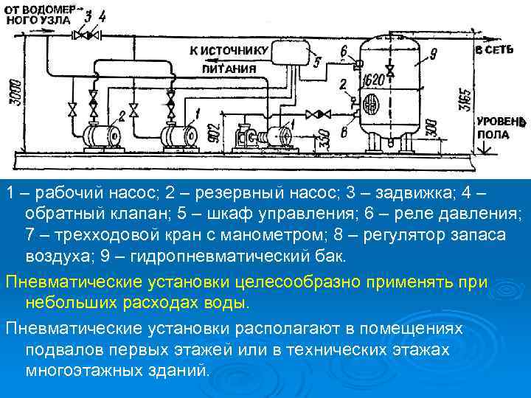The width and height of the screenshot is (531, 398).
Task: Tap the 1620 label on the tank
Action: click(374, 80)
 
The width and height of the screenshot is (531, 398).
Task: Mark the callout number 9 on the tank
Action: click(433, 53)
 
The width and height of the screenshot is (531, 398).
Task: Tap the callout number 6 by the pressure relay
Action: click(344, 50)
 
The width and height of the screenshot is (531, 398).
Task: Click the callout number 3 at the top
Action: click(88, 15)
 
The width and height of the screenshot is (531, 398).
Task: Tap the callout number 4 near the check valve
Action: click(102, 15)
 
